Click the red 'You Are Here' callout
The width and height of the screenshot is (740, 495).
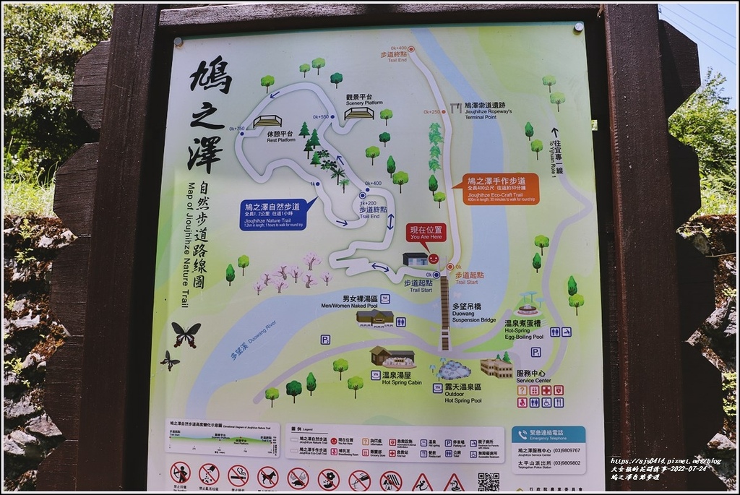pos(426,233)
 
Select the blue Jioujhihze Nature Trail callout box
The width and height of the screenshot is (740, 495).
pos(274,215)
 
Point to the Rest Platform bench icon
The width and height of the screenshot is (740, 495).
pos(267,121)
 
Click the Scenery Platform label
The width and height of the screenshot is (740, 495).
pos(358,99)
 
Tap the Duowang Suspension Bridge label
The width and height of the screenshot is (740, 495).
pos(473,313)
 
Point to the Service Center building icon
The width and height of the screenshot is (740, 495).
pos(496,368)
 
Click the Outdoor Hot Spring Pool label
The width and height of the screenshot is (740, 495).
pos(462,393)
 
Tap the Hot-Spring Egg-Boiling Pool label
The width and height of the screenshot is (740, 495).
pos(522,330)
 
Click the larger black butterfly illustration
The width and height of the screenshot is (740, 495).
pos(185,334)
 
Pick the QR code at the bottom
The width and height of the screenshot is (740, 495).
pos(488,481)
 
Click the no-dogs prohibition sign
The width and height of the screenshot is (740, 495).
pos(267,477)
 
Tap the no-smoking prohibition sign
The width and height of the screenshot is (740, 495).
pos(238,475)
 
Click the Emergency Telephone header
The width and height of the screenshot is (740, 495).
pos(548,434)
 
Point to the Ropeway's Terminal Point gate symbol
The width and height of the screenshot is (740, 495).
pos(455,108)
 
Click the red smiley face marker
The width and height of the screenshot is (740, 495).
pos(434,258)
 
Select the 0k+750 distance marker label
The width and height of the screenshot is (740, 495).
pos(236,129)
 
